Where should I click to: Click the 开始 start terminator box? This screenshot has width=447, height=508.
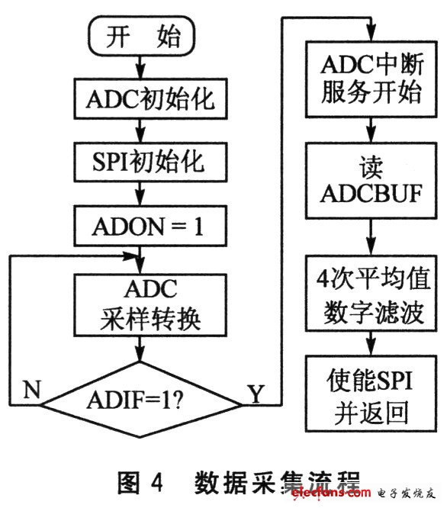click(x=142, y=37)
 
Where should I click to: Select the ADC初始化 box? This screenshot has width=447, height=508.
click(x=150, y=98)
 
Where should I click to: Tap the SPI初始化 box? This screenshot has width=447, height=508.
click(x=150, y=162)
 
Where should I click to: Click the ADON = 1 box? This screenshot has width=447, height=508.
click(x=150, y=226)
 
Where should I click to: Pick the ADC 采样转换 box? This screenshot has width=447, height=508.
click(x=150, y=305)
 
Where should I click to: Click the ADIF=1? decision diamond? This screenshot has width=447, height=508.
click(x=140, y=400)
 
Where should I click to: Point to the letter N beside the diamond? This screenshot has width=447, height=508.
click(x=32, y=389)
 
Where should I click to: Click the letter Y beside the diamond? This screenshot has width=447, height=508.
click(x=256, y=394)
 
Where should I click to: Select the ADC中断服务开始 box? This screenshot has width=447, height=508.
click(x=371, y=79)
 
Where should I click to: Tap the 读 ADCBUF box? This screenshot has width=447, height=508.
click(x=371, y=181)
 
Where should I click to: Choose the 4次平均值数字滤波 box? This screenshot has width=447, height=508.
click(x=371, y=293)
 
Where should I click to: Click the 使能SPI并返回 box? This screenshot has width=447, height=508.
click(x=371, y=394)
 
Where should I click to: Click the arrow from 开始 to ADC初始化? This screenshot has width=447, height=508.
click(x=140, y=67)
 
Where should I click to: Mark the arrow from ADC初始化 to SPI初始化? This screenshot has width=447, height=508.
click(x=140, y=130)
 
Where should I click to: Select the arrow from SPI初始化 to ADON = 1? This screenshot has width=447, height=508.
click(x=140, y=194)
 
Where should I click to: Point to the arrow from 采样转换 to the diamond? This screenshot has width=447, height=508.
click(x=140, y=349)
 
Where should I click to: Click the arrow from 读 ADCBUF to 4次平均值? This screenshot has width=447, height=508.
click(x=371, y=236)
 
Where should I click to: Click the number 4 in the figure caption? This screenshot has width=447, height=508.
click(x=157, y=482)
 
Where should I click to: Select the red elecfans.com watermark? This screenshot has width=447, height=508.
click(x=331, y=493)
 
